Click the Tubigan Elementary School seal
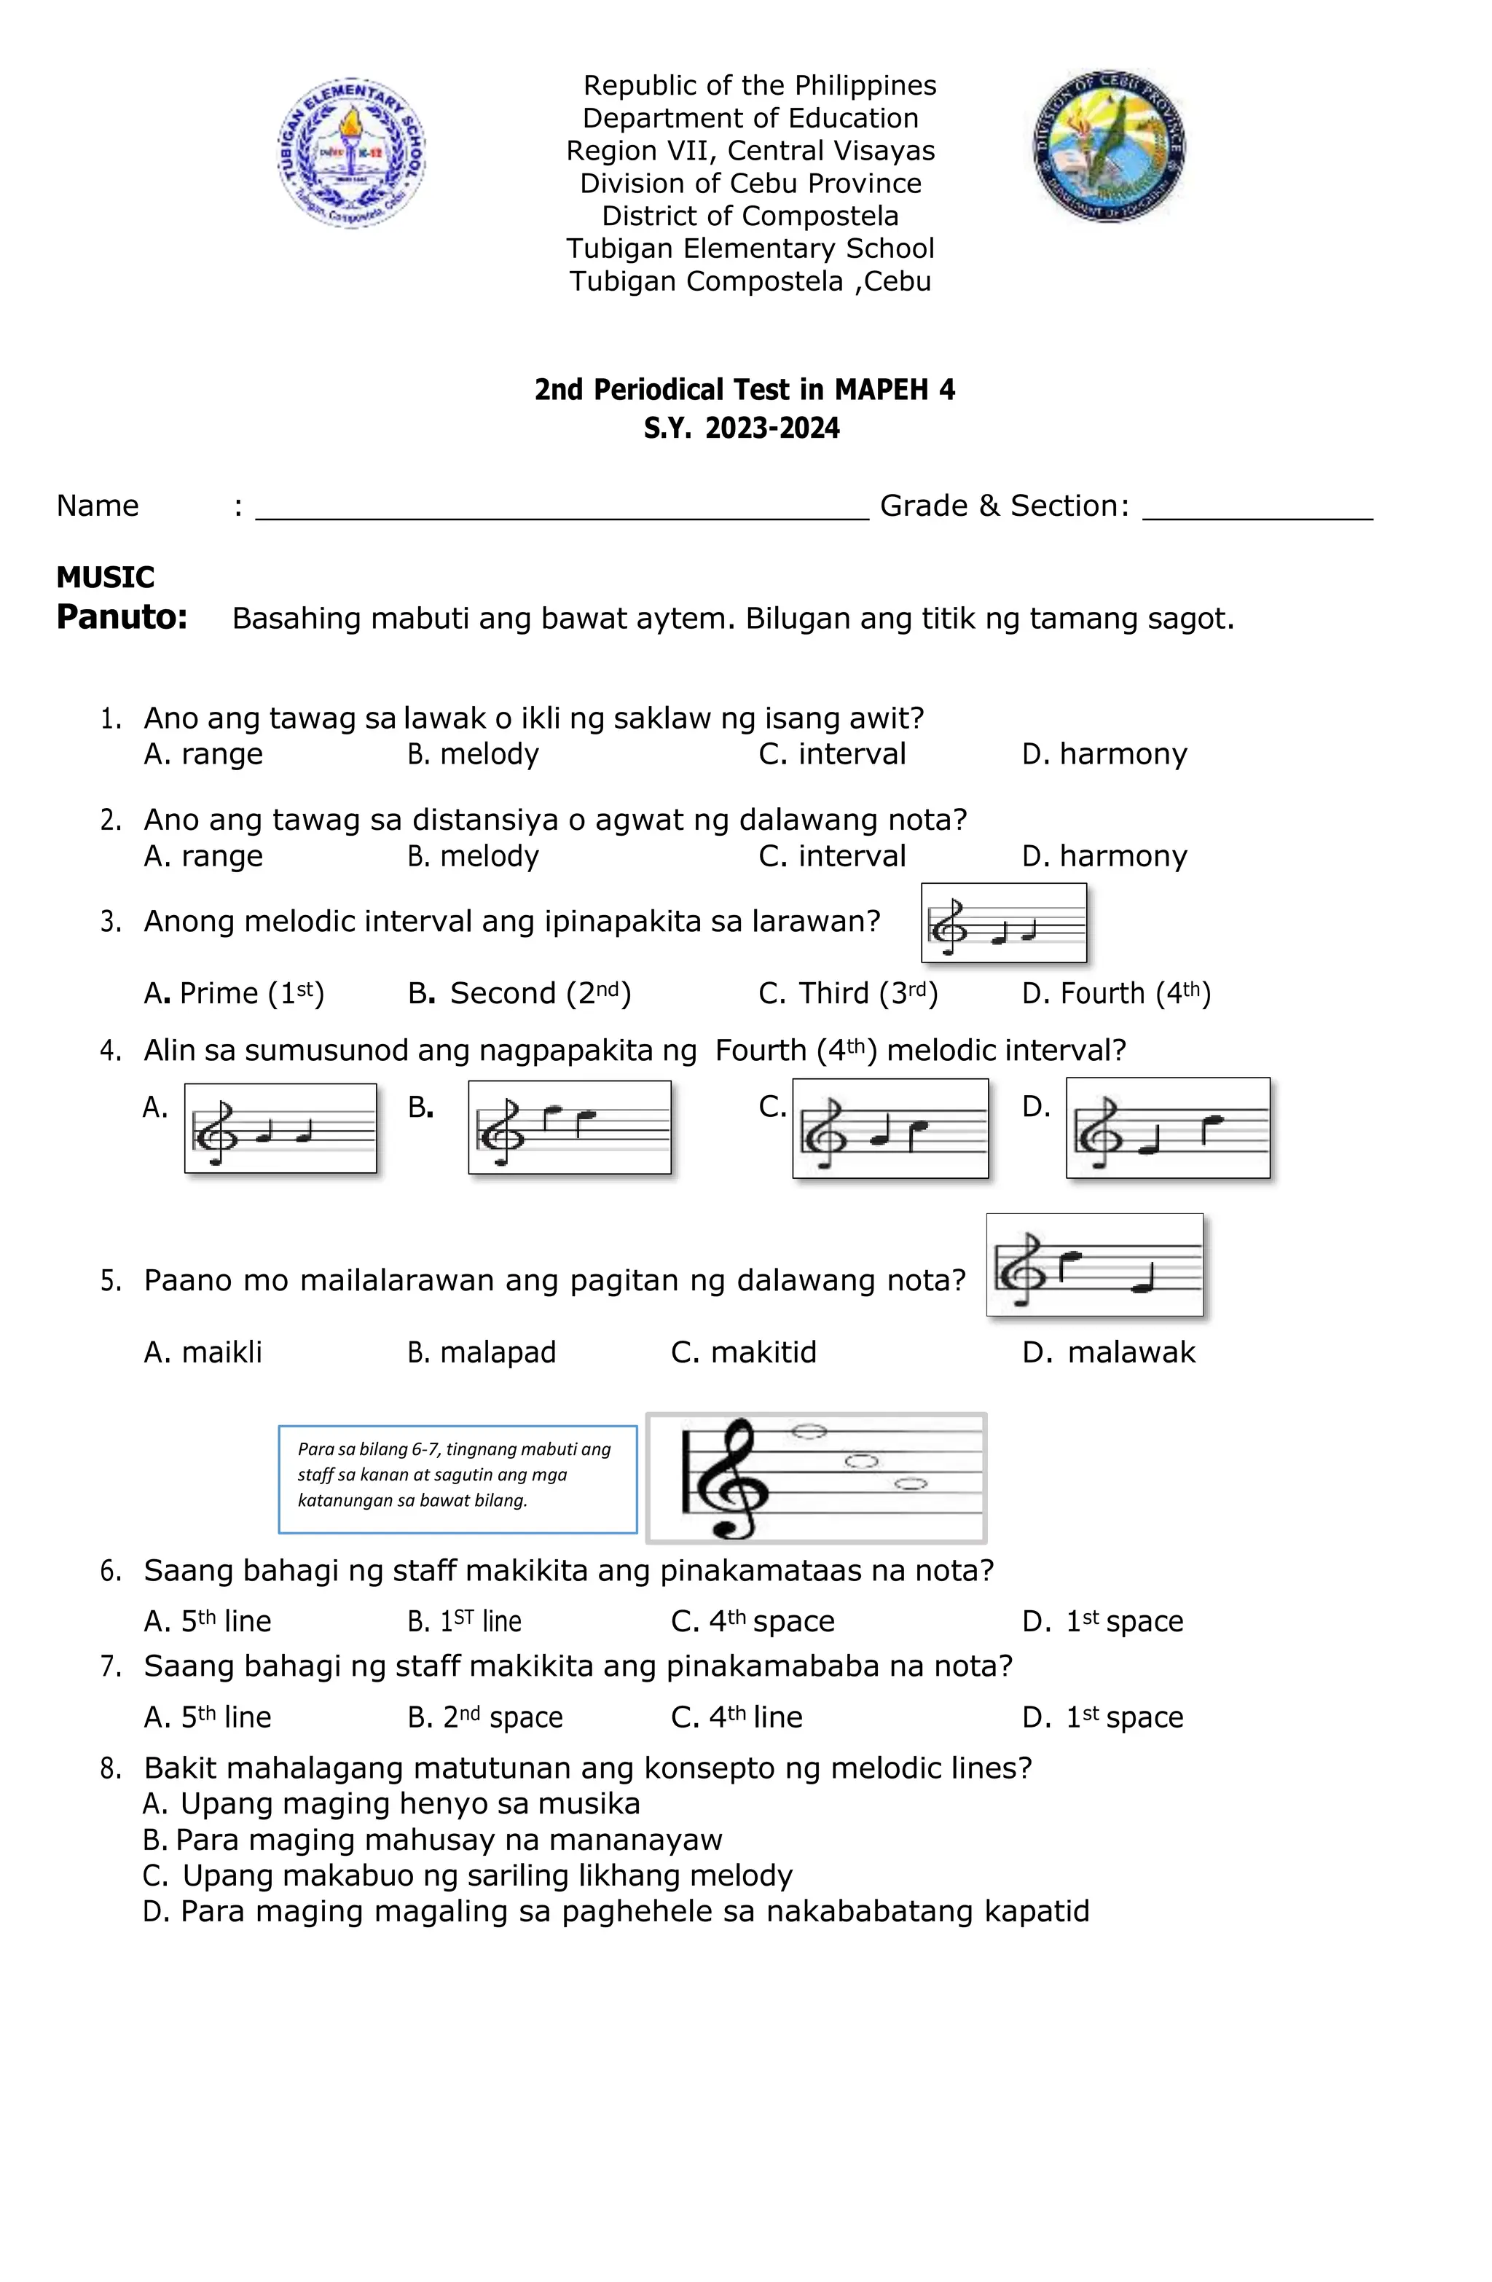coord(351,152)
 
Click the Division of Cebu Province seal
coord(1110,146)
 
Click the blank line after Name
coord(561,508)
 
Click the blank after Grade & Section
coord(1257,508)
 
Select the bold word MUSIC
coord(106,577)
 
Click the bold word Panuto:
coord(122,616)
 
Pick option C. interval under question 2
coord(831,856)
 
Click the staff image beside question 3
coord(1003,923)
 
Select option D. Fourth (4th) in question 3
coord(1116,993)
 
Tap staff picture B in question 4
coord(569,1128)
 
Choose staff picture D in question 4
coord(1167,1128)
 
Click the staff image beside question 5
coord(1094,1265)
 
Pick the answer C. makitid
coord(743,1353)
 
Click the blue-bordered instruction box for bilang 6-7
coord(458,1478)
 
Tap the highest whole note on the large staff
coord(809,1432)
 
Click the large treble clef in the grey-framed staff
coord(731,1478)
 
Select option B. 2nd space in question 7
coord(485,1717)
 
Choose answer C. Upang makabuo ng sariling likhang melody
coord(468,1875)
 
